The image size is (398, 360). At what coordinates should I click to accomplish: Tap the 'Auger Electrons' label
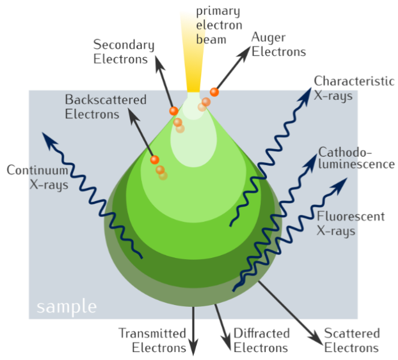278,45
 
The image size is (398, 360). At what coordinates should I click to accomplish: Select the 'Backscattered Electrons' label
105,107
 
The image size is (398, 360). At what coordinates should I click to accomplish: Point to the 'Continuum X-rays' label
37,176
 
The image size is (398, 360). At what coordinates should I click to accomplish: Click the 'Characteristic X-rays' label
354,88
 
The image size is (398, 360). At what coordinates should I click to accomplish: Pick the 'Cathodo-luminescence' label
356,158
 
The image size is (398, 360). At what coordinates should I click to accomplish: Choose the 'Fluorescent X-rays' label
350,223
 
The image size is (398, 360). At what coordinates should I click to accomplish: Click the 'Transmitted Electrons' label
152,340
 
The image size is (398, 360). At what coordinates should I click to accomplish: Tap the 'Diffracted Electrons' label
261,340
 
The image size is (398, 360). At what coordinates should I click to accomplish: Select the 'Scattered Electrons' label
352,340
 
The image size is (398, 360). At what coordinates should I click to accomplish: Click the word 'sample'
66,307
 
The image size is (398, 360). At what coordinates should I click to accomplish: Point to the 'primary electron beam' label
218,26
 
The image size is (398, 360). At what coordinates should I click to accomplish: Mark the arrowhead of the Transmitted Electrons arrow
194,348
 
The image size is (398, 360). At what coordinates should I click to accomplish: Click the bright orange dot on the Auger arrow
214,92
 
